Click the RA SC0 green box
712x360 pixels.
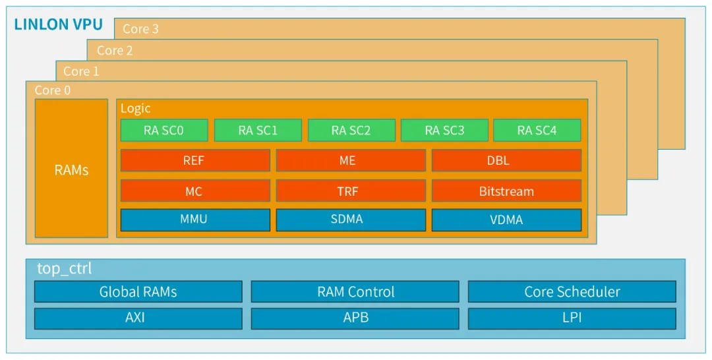pos(163,131)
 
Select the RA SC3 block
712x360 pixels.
pos(444,131)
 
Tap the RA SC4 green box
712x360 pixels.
pos(537,131)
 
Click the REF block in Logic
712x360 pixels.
pos(194,160)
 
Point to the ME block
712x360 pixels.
pos(350,160)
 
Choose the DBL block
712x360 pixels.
pos(506,160)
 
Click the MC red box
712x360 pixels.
pos(194,191)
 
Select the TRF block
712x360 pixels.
pos(350,191)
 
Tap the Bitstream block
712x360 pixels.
pos(506,191)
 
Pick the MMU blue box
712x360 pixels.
pos(194,220)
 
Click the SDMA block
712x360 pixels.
pos(350,220)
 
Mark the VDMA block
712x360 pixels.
pos(506,220)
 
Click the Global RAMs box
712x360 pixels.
pos(138,291)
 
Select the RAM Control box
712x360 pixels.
pos(355,291)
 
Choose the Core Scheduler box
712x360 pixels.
pos(572,291)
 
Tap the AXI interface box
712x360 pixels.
pos(138,318)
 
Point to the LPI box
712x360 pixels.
pos(572,318)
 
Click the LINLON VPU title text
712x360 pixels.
pos(59,25)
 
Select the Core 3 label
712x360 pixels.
pos(140,29)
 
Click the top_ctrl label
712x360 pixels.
pos(65,269)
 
